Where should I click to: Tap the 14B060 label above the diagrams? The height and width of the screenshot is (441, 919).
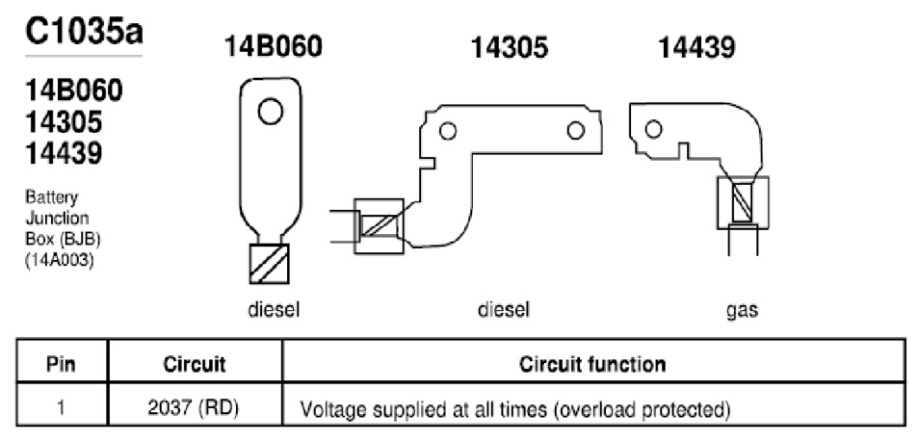pyautogui.click(x=274, y=47)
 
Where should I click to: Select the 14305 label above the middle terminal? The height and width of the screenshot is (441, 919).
pyautogui.click(x=510, y=47)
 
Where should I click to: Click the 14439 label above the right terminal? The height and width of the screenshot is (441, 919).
pyautogui.click(x=696, y=47)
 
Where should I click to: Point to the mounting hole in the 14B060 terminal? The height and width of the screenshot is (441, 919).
pyautogui.click(x=270, y=112)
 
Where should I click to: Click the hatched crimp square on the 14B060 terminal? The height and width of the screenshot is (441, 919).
pyautogui.click(x=270, y=264)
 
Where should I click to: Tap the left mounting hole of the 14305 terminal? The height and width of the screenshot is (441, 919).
pyautogui.click(x=448, y=131)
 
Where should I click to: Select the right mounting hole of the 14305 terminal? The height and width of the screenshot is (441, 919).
pyautogui.click(x=576, y=130)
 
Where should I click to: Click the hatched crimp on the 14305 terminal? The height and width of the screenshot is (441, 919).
pyautogui.click(x=379, y=226)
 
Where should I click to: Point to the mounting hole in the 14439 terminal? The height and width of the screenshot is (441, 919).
pyautogui.click(x=653, y=129)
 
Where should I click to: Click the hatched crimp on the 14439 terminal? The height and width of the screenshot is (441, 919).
pyautogui.click(x=743, y=202)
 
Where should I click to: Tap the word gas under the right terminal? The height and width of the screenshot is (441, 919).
pyautogui.click(x=742, y=310)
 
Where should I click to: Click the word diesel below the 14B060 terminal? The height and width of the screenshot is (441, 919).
pyautogui.click(x=274, y=309)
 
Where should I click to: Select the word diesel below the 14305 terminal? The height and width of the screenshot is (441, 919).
pyautogui.click(x=504, y=309)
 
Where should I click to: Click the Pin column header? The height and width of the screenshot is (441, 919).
pyautogui.click(x=61, y=364)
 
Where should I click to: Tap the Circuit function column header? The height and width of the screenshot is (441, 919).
pyautogui.click(x=592, y=364)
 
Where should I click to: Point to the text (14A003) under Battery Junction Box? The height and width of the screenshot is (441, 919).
pyautogui.click(x=59, y=261)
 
